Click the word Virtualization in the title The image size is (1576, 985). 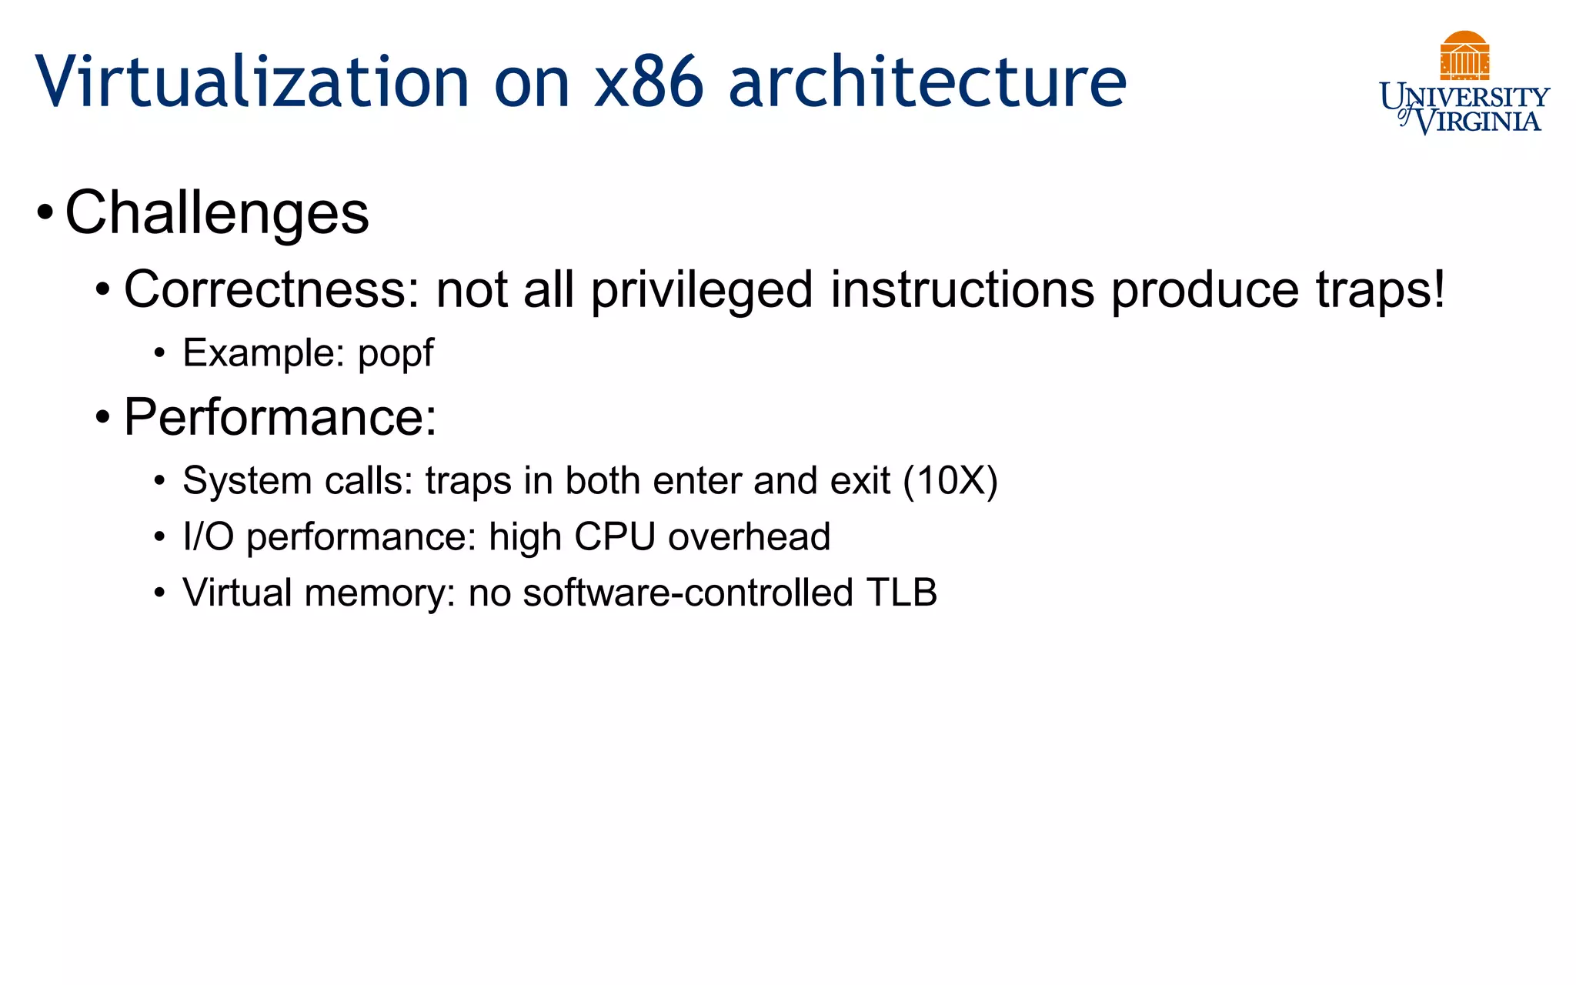coord(252,82)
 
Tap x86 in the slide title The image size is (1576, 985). coord(648,82)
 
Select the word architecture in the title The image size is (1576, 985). coord(927,82)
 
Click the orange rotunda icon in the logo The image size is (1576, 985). coord(1464,55)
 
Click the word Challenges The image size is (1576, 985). coord(217,212)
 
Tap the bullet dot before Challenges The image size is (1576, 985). coord(45,212)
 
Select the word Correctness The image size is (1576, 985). coord(272,290)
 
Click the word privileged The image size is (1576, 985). coord(702,290)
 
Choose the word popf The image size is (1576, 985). coord(396,353)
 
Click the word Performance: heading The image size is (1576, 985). coord(280,417)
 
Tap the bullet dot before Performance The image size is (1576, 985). coord(103,418)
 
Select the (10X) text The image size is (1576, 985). coord(950,481)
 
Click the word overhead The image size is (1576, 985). coord(749,536)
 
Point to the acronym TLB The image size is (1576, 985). coord(902,593)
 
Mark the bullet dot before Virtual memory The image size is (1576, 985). coord(159,593)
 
